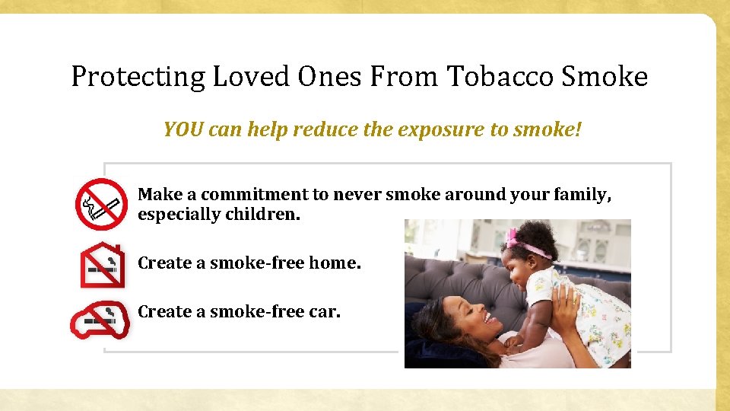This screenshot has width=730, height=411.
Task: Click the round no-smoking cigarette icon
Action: (x=100, y=204)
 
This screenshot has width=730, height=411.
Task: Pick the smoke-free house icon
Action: (x=102, y=264)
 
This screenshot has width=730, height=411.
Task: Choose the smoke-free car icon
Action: (x=100, y=320)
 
